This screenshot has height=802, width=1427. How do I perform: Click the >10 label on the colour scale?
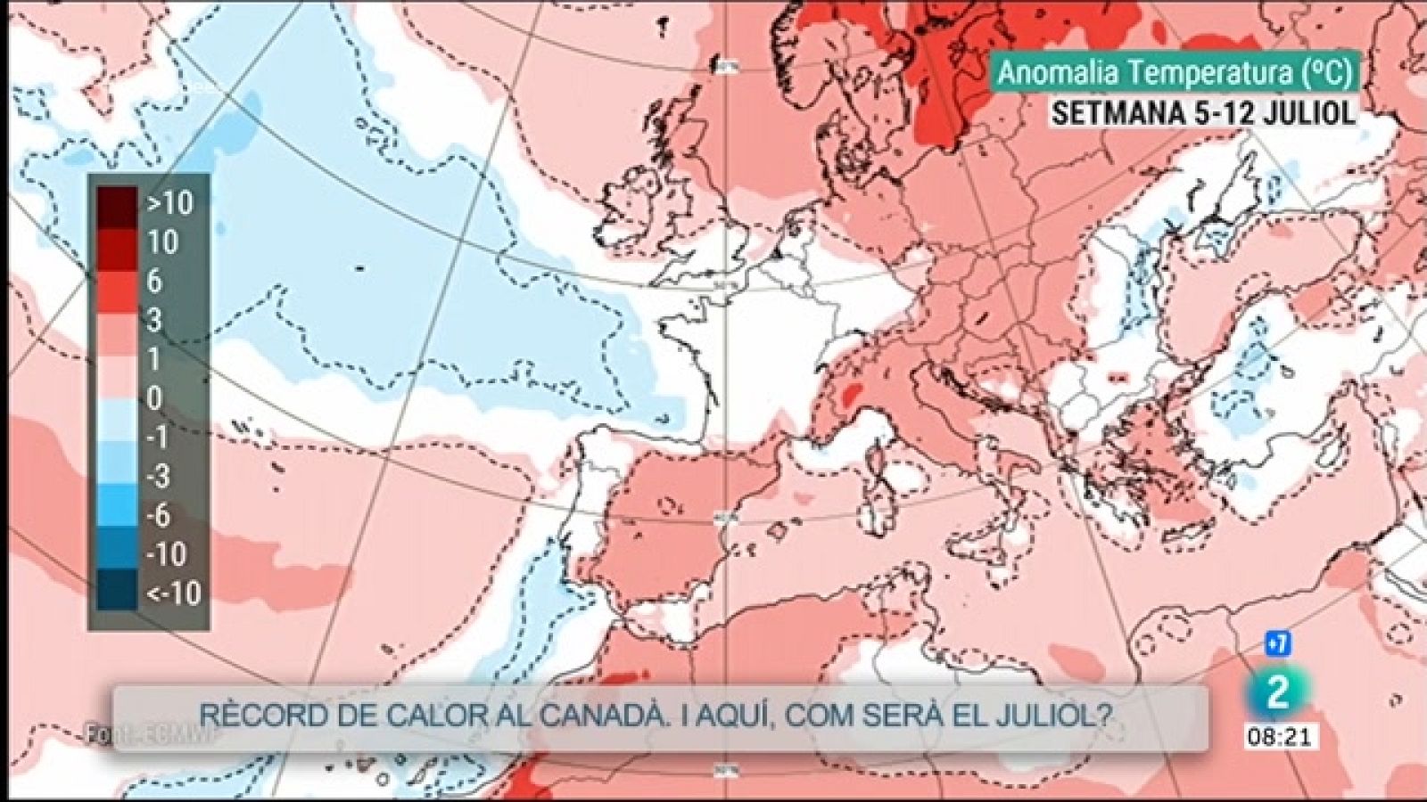pyautogui.click(x=170, y=203)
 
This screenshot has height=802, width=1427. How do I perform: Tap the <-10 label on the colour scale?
pyautogui.click(x=173, y=593)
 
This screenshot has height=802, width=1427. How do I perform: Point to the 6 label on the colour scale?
pyautogui.click(x=154, y=282)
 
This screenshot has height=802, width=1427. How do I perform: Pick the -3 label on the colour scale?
pyautogui.click(x=158, y=476)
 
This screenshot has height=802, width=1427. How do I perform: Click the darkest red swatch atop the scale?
pyautogui.click(x=117, y=203)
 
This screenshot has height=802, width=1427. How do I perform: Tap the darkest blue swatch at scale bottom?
pyautogui.click(x=117, y=591)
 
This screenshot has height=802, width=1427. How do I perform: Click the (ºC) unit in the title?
pyautogui.click(x=1324, y=73)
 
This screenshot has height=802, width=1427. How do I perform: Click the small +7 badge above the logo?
pyautogui.click(x=1277, y=643)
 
